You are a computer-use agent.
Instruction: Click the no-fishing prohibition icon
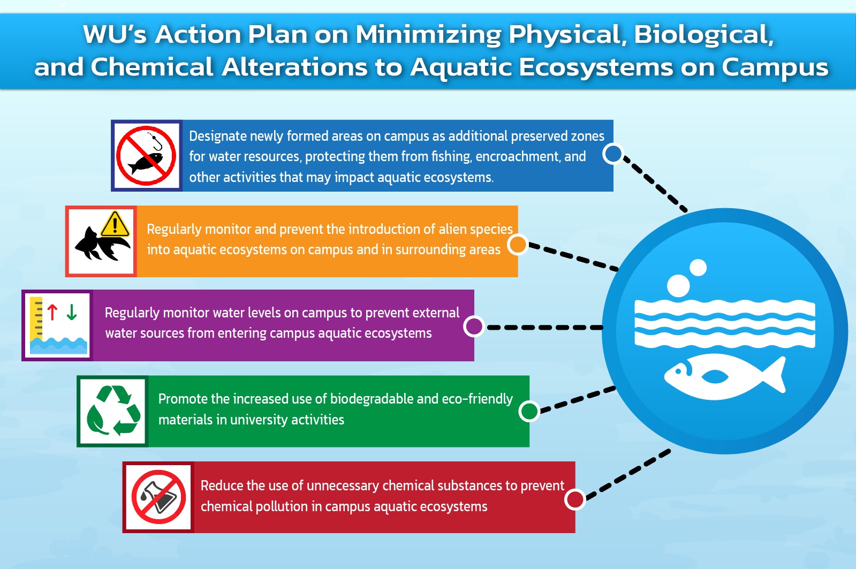146,156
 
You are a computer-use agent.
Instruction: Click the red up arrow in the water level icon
52,312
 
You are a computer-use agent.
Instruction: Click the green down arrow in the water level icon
71,312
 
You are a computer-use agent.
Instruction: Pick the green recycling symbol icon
113,411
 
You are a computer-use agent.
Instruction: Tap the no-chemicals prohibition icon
158,497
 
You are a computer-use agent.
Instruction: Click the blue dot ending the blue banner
613,154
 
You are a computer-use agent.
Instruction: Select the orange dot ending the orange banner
518,245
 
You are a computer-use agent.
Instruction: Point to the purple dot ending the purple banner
474,327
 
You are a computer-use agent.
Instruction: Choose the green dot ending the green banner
529,411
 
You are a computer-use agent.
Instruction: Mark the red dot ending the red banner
575,499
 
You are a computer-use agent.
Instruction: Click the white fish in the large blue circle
725,376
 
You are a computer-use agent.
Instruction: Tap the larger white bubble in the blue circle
678,285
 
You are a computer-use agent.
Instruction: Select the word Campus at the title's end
775,67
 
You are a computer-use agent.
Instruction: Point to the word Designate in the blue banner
218,136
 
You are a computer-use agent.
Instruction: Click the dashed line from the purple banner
544,328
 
